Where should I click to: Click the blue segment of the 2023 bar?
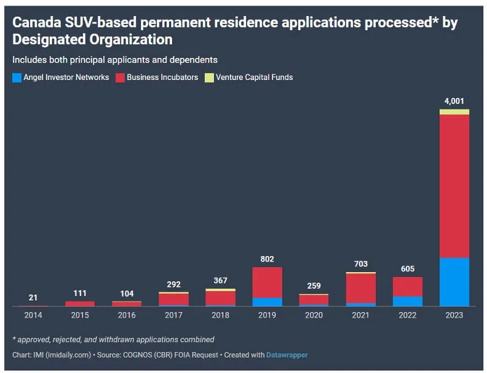pos(454,281)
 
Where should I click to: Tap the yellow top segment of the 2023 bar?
pos(454,112)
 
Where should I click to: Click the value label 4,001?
pos(454,100)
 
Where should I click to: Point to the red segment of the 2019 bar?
pos(267,283)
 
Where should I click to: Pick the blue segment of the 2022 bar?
pos(407,301)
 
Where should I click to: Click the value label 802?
pos(267,259)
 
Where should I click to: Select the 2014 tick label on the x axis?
pos(33,315)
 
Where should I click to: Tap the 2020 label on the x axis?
pos(314,315)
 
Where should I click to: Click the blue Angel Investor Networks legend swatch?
pos(17,78)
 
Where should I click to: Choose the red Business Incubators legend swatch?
pos(120,78)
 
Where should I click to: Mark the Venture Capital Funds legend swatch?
pos(209,78)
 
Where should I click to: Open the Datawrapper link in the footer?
pos(287,355)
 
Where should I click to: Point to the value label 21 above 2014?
pos(33,298)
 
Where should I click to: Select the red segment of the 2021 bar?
pos(360,288)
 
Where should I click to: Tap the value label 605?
pos(407,269)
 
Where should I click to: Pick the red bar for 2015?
pos(80,303)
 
